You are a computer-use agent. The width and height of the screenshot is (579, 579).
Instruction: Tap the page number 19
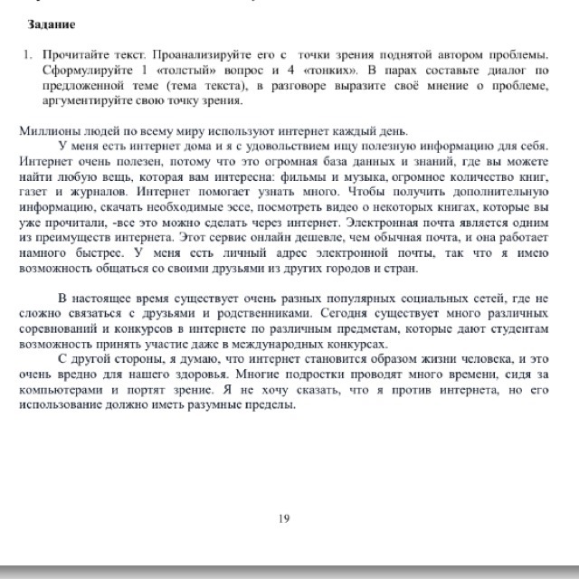[x=284, y=518]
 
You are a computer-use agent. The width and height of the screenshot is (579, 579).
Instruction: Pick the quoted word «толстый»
[x=176, y=71]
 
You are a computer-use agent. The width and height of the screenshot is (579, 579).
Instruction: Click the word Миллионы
[x=45, y=130]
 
